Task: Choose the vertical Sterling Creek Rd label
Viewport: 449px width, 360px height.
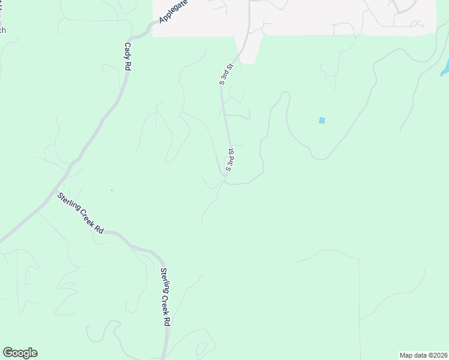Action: (165, 297)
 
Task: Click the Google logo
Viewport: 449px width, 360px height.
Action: (20, 353)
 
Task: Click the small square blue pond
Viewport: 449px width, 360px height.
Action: (322, 121)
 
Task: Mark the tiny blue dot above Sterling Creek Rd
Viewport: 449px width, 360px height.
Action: (111, 190)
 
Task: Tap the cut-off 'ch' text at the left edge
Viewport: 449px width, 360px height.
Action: (2, 30)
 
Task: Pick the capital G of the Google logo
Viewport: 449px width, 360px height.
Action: (8, 353)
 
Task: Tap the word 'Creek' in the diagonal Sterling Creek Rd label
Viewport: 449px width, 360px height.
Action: (82, 215)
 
